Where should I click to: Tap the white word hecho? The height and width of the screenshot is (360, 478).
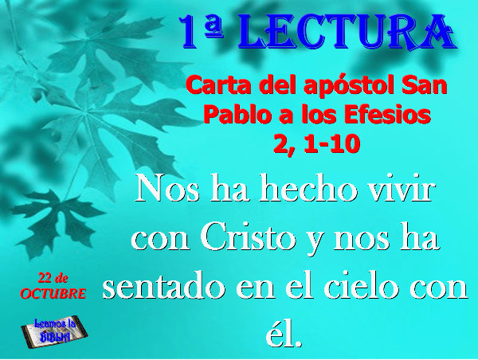click(308, 189)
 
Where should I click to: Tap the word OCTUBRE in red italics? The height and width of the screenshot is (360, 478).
click(53, 294)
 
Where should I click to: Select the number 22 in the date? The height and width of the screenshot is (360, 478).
click(44, 277)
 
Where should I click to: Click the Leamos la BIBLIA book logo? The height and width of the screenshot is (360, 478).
click(54, 332)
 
